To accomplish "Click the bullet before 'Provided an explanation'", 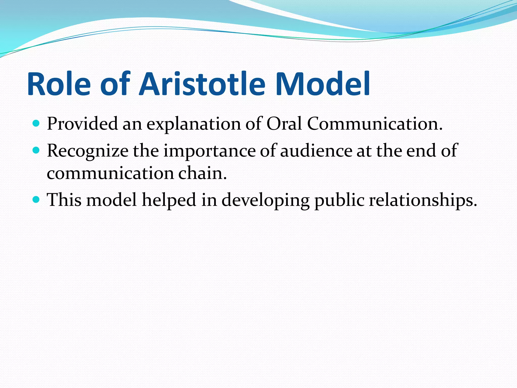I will coord(36,123).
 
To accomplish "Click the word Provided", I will coord(82,124).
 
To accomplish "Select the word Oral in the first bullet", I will coord(284,124).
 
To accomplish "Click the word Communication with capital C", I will coord(375,124).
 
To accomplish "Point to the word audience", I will coord(316,151).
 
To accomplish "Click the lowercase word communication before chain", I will coord(110,174).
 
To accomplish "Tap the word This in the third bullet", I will coord(64,200).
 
